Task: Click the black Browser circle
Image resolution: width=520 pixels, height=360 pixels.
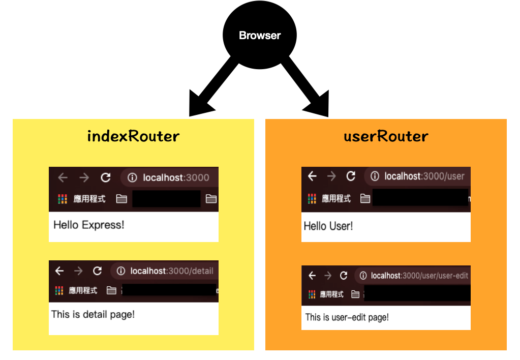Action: point(260,35)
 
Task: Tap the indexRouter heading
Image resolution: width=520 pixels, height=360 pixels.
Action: point(133,136)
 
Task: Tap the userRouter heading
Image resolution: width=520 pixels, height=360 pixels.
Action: point(386,136)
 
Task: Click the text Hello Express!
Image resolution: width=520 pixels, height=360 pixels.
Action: point(88,224)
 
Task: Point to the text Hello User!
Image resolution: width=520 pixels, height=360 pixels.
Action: point(328,226)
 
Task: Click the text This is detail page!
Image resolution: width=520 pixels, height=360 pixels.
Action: point(93,314)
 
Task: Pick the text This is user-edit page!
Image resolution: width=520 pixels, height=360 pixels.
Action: point(347,317)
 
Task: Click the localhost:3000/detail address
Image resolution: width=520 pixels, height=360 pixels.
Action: point(172,271)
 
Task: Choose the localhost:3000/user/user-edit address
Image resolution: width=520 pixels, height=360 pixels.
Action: point(419,276)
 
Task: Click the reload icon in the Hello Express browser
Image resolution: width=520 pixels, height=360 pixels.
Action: point(106,177)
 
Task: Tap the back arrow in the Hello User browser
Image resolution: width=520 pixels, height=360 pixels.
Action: point(312,176)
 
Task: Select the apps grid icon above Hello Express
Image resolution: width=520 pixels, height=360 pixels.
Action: point(63,199)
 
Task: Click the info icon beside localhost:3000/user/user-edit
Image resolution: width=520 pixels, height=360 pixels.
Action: point(363,276)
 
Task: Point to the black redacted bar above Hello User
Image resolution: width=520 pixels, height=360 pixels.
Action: point(420,198)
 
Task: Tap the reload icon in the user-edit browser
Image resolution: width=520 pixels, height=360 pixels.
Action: point(344,276)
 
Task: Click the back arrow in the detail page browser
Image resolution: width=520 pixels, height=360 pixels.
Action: point(59,271)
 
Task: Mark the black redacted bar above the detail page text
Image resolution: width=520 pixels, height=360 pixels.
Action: point(169,290)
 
